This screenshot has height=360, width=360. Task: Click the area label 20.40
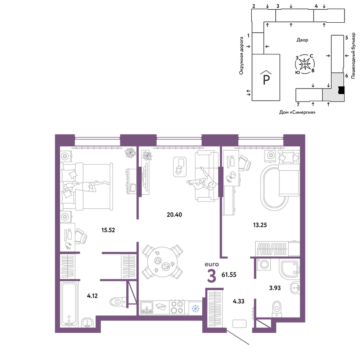coord(174,215)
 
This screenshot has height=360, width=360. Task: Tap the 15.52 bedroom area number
coord(108,230)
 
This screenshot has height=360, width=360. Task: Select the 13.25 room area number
coord(260,225)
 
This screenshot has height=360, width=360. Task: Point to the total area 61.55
coord(229,275)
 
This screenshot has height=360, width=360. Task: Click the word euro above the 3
coord(212,264)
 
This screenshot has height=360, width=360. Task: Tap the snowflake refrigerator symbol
coord(195,309)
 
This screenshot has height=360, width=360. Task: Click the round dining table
coord(162,262)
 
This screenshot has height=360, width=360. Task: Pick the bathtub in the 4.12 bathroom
coord(69,304)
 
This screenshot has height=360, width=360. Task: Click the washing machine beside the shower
coord(264,265)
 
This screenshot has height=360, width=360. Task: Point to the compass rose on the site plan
coord(305,64)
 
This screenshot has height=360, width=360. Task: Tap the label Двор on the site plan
coord(302,40)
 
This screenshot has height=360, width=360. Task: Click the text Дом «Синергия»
coord(297,112)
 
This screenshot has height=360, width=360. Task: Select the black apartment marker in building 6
coord(341,90)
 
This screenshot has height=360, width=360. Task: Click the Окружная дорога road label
coord(241,56)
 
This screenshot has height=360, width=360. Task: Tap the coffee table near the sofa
coord(180,167)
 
